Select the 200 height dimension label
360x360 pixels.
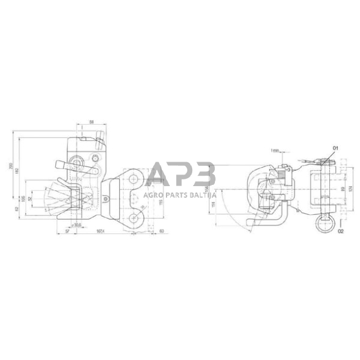click(x=12, y=167)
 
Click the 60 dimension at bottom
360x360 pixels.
click(x=160, y=231)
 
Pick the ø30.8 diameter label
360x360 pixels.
click(x=76, y=225)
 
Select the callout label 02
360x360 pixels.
click(x=340, y=231)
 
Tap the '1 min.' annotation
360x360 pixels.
click(x=274, y=149)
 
